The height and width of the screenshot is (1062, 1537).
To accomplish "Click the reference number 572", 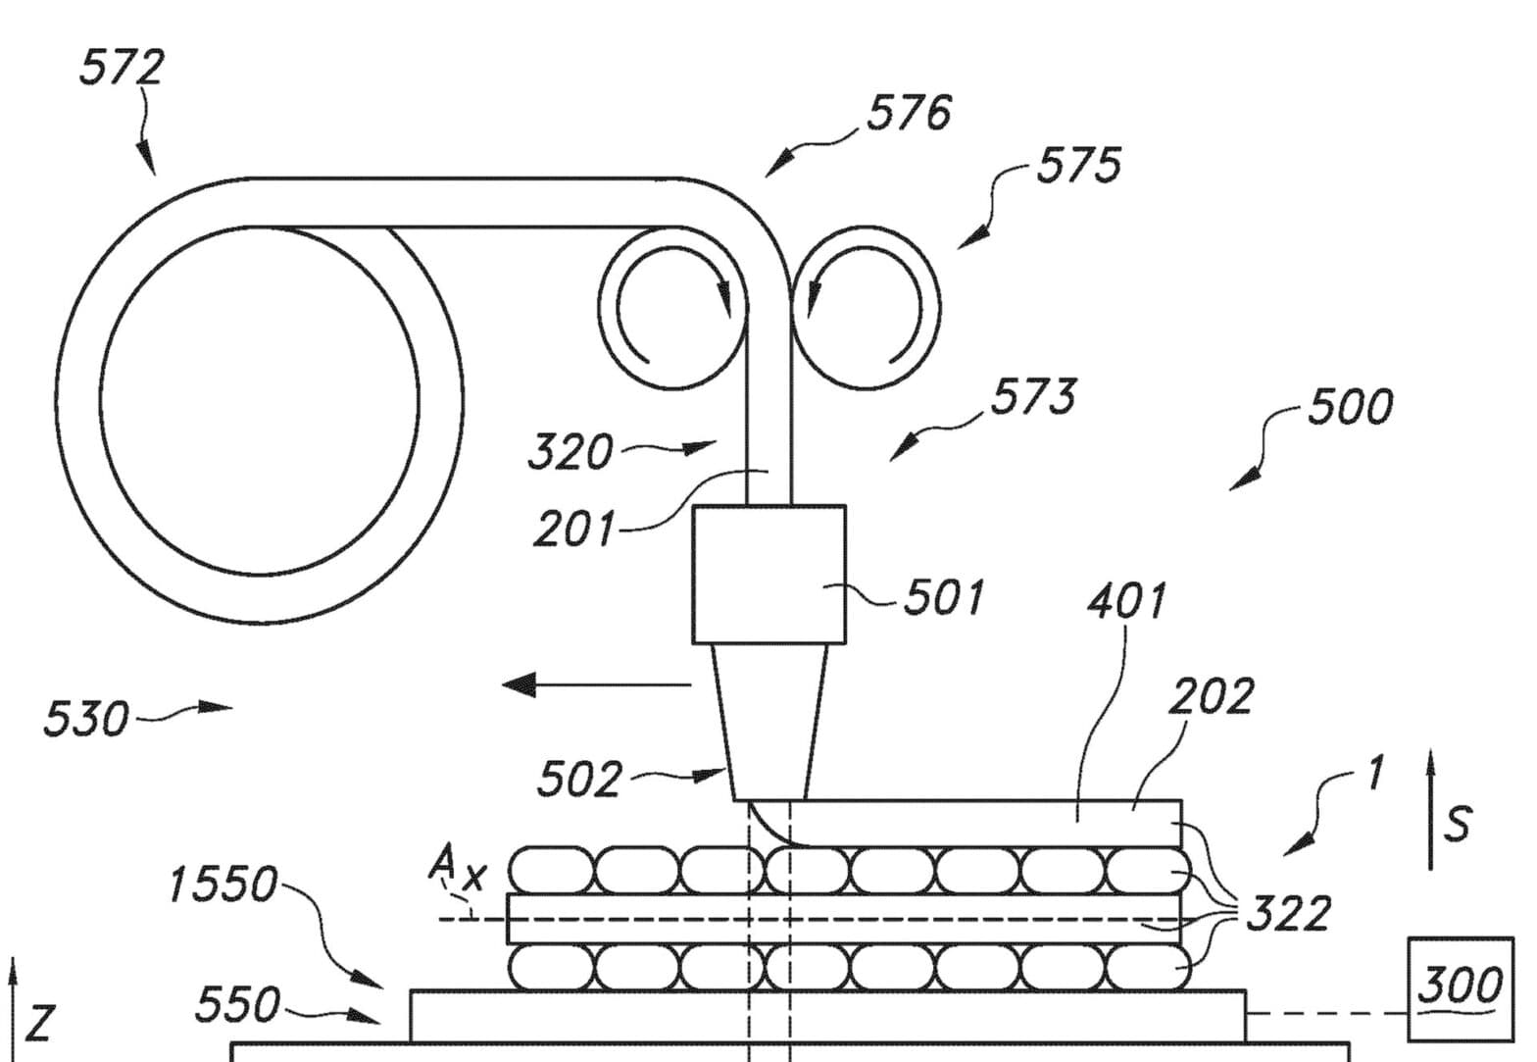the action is point(122,68).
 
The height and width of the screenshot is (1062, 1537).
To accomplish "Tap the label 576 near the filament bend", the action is point(909,113).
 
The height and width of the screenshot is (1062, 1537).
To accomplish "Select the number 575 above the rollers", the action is point(1078,165).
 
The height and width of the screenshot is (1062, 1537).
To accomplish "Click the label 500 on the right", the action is point(1351,406).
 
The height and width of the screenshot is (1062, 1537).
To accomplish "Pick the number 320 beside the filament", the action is point(570,451).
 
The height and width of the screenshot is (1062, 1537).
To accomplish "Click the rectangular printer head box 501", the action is point(769,575).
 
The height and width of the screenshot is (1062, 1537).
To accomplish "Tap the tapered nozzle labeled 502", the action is point(769,722).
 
